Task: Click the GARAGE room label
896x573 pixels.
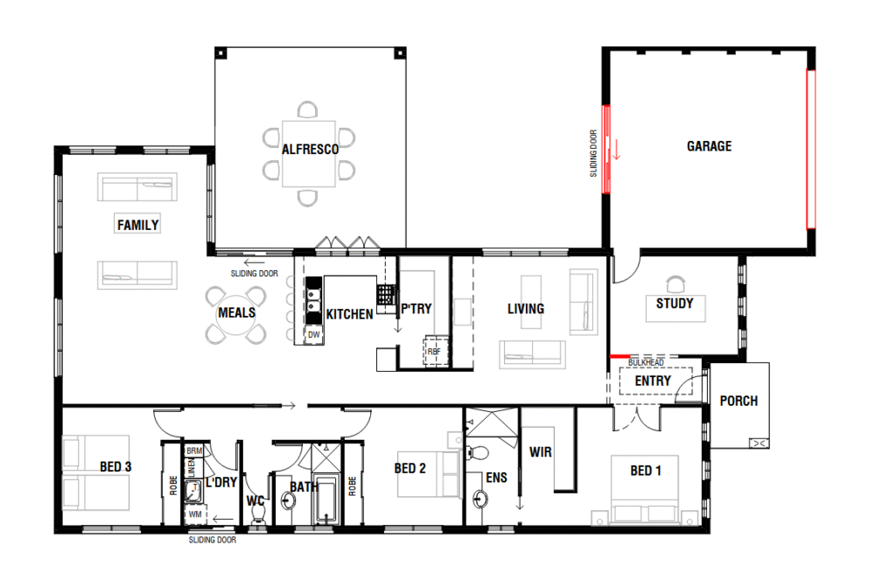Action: pos(709,146)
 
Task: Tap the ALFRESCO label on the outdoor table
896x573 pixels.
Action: pos(311,149)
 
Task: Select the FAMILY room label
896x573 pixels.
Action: pos(137,225)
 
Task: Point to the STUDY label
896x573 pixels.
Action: pos(675,304)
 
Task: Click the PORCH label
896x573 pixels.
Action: pos(738,401)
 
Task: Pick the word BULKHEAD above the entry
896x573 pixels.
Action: pos(647,362)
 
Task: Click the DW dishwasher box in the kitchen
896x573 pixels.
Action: pos(314,335)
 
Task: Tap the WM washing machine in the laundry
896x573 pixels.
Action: pos(195,514)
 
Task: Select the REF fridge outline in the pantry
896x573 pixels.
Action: pos(434,352)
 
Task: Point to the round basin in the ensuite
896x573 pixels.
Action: pos(480,500)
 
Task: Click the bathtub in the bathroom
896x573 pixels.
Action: pos(325,500)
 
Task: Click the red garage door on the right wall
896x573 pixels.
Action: pos(811,149)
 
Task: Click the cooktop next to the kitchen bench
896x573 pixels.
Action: pos(386,295)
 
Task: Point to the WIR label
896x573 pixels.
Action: pos(541,452)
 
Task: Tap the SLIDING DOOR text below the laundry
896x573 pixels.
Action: pos(213,540)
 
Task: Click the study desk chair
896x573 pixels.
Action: pos(675,284)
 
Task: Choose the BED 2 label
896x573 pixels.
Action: pos(409,468)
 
